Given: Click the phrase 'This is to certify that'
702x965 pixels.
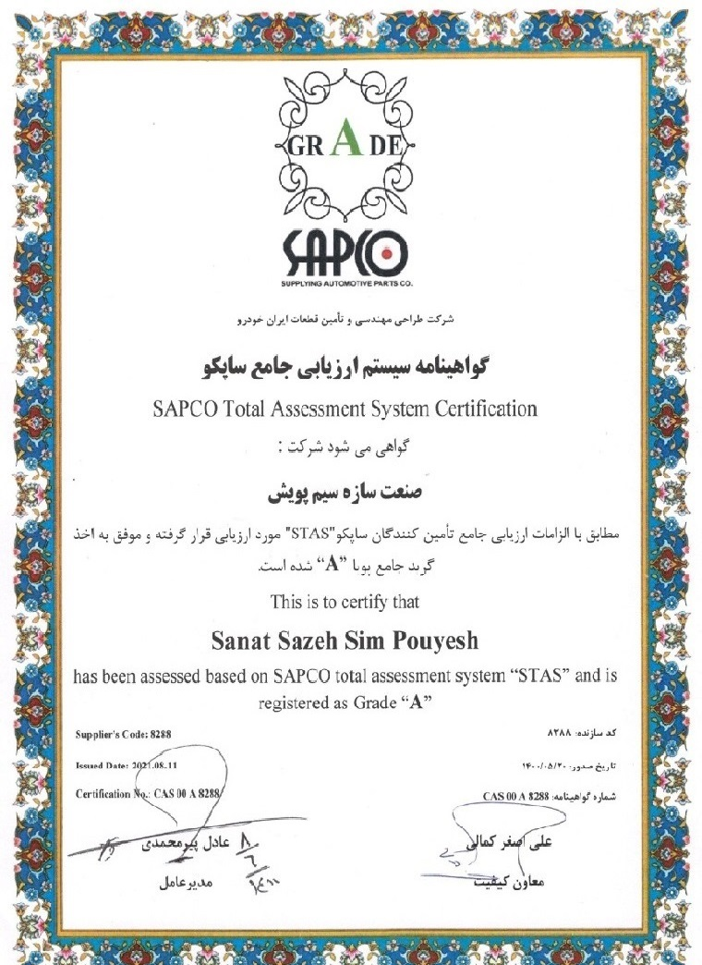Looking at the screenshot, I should pyautogui.click(x=345, y=602).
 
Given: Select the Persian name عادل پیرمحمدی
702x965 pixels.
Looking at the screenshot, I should pyautogui.click(x=182, y=845).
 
